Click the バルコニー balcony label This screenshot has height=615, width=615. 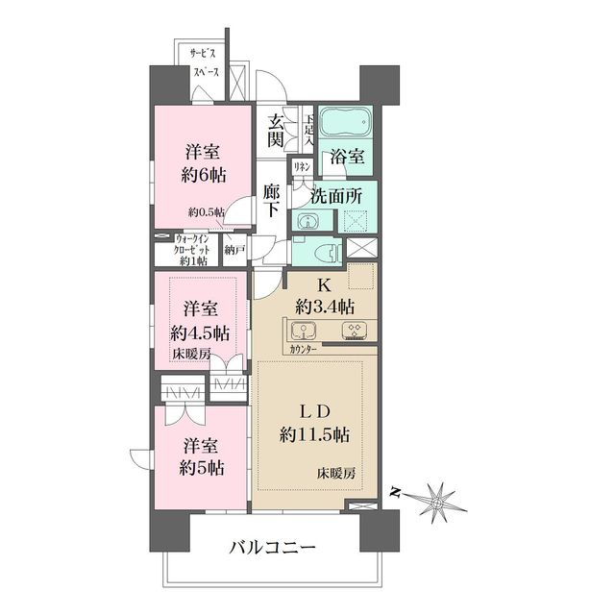(x=272, y=549)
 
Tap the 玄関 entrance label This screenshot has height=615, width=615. (x=276, y=131)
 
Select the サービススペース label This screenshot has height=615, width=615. (x=204, y=63)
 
